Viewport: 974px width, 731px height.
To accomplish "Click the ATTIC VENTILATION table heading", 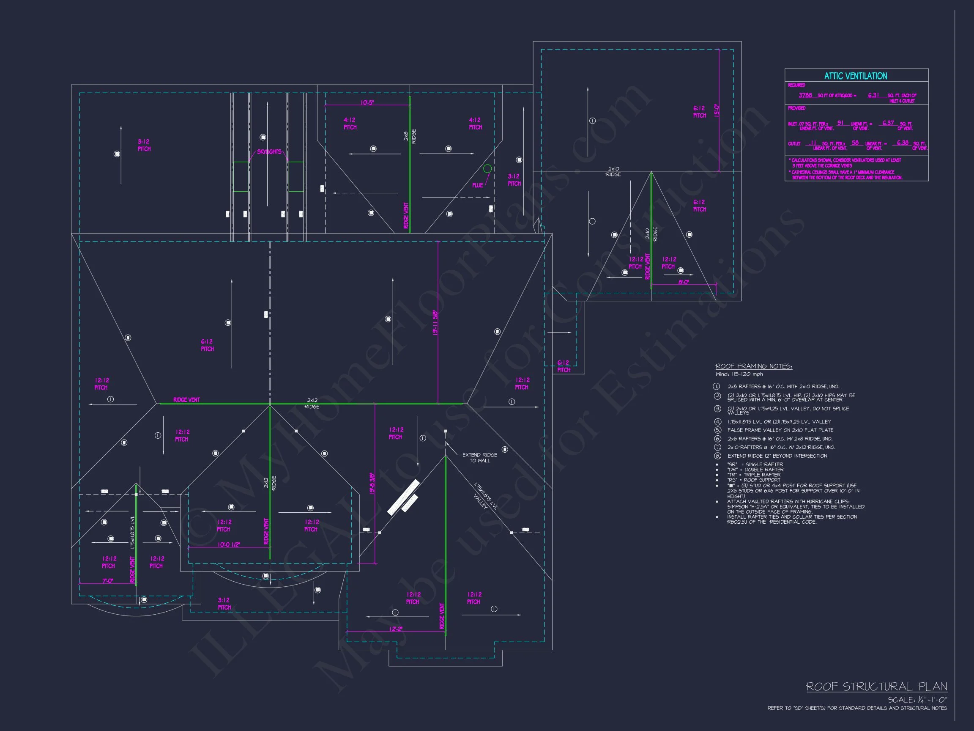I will [855, 76].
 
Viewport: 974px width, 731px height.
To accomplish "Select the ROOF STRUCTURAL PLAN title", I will [876, 687].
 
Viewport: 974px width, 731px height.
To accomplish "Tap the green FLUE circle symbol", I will [487, 168].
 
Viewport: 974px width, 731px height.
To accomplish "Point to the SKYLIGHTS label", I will [269, 151].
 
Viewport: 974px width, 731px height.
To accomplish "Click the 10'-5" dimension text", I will [367, 102].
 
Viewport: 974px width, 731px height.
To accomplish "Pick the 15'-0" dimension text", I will [717, 110].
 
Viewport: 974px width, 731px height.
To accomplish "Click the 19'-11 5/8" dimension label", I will [435, 323].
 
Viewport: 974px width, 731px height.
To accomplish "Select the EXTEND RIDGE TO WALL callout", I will [479, 457].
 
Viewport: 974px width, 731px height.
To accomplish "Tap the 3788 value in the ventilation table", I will [805, 95].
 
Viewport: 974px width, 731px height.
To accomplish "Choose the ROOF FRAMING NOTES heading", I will [753, 366].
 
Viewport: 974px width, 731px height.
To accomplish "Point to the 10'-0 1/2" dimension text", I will [229, 544].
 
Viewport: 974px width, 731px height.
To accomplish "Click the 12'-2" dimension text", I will [396, 629].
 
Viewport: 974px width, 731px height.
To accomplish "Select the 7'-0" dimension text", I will [107, 581].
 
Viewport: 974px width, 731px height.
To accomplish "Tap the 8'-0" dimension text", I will [684, 282].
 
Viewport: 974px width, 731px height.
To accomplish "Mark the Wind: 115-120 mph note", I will [739, 374].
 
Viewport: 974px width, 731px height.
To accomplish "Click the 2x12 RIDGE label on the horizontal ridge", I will [312, 403].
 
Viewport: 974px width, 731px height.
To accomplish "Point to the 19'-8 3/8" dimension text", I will [372, 484].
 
